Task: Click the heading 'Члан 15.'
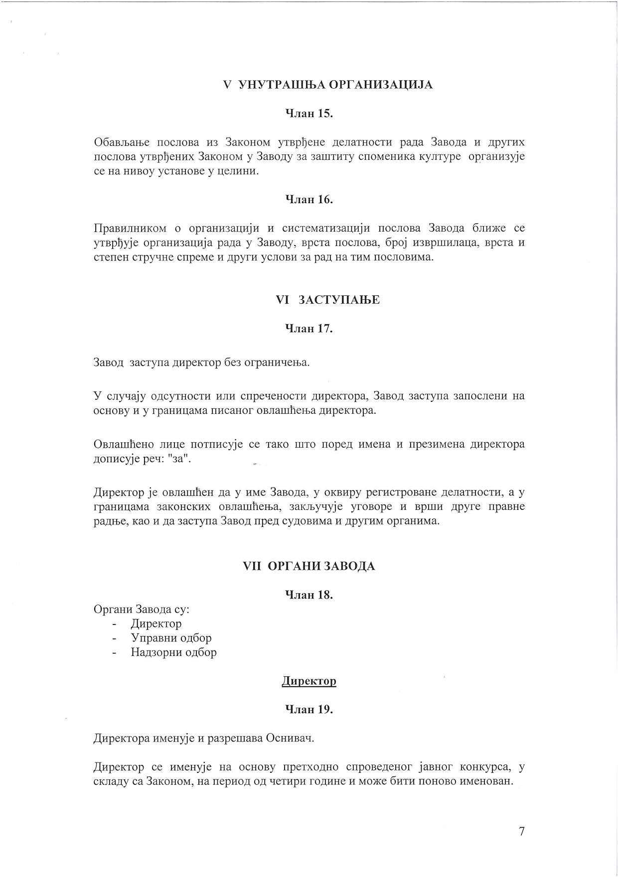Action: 309,114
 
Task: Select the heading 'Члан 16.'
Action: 309,200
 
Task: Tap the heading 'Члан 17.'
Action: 309,329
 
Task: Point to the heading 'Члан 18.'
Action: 309,595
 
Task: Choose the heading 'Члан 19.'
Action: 309,709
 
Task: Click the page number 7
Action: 522,831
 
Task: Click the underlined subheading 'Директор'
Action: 309,681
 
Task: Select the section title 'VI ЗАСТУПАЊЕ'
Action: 327,300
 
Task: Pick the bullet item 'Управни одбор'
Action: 171,638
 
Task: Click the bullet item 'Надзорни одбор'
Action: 173,652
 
